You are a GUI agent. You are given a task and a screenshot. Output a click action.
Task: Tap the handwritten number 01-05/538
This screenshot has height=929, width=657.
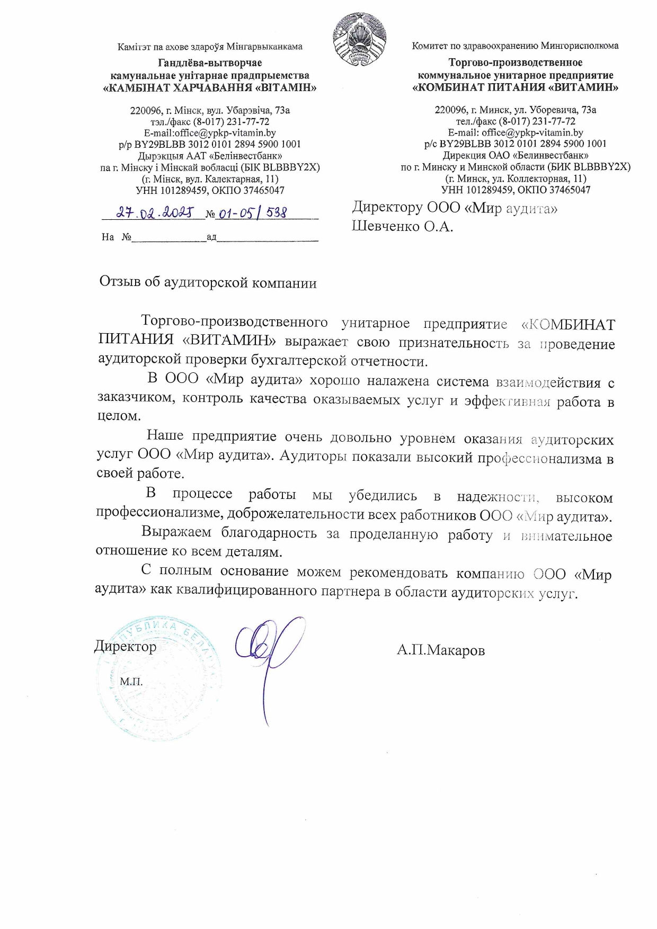pos(253,213)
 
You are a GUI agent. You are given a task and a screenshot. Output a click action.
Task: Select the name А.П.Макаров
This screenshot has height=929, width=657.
pos(440,650)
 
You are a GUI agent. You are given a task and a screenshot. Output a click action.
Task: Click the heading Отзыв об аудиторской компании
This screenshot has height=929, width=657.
pos(208,282)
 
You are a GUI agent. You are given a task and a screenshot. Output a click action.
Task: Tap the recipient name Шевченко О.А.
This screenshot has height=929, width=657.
pos(403,227)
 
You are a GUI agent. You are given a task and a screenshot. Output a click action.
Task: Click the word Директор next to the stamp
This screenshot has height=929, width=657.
pos(126,646)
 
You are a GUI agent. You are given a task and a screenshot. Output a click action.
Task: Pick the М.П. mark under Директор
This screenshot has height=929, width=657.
pos(131,682)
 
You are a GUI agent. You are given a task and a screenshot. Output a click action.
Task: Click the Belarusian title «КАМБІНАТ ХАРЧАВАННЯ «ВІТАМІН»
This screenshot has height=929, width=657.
pos(209,87)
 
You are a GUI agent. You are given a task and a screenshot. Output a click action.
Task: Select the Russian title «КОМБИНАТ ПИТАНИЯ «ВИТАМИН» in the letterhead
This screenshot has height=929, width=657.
pos(515,87)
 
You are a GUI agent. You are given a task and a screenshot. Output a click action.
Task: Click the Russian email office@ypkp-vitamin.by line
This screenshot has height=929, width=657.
pos(515,132)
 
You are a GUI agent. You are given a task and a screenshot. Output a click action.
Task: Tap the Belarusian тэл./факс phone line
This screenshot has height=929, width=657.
pos(210,122)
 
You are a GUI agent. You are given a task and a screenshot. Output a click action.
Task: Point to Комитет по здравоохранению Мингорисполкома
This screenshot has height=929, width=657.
pos(515,46)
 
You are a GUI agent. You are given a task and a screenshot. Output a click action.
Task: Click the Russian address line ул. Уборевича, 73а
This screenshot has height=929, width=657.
pos(515,110)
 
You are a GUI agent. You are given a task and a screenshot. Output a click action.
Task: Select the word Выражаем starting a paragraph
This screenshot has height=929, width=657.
pos(176,532)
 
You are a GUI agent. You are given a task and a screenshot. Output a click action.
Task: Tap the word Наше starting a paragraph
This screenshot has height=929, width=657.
pos(165,436)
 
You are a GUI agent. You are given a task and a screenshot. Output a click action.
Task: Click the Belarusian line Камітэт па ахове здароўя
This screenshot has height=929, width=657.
pos(210,47)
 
